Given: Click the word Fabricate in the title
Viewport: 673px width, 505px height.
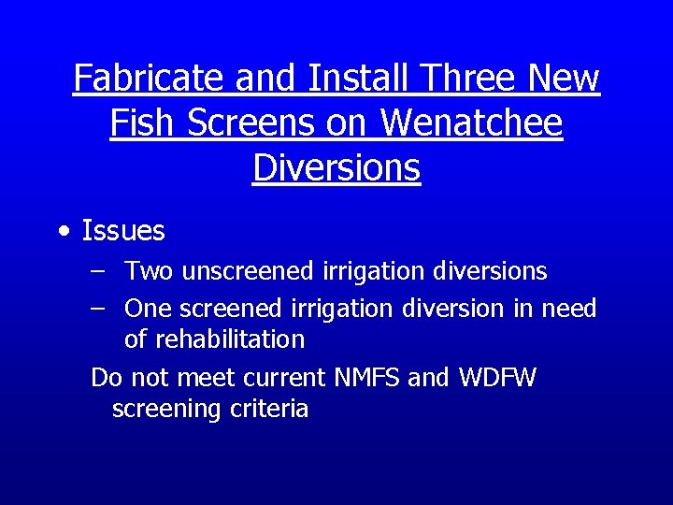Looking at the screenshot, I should point(150,78).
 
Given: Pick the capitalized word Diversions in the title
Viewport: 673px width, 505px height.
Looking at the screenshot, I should point(336,167).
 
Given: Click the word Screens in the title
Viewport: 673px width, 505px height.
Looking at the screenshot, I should point(245,123).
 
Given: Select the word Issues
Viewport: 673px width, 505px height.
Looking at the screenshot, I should point(123,231).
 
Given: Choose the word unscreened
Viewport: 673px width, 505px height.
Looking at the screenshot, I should point(248,272).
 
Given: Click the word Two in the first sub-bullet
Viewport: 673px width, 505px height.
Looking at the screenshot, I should point(150,272).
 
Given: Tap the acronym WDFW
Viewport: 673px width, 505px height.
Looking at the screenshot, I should point(497,378).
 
